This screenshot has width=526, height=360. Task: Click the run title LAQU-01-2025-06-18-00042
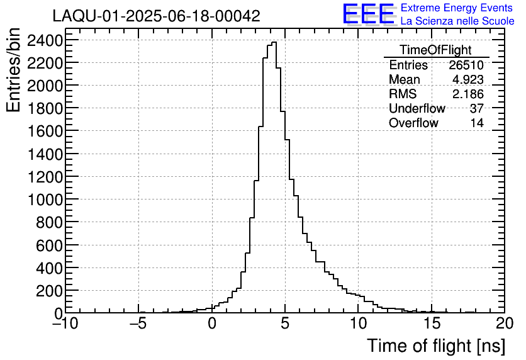156,16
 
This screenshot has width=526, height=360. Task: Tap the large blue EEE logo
369,14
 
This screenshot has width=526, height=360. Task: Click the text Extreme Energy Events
456,8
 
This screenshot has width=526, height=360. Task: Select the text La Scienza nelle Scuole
457,21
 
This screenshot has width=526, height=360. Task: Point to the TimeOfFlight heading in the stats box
435,50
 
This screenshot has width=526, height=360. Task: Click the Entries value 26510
466,65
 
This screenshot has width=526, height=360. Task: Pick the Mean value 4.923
468,80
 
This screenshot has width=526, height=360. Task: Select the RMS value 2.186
468,94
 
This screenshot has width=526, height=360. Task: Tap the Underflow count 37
476,109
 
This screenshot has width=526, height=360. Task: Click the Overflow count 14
477,123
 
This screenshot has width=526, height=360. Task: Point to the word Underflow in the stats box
417,109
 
